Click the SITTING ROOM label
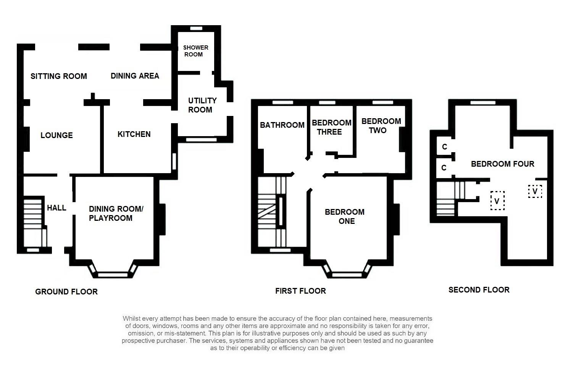point(59,76)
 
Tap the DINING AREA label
point(135,76)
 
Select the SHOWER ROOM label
point(195,51)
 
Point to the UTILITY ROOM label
point(202,105)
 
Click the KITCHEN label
point(134,134)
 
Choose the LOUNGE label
point(56,135)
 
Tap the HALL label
point(56,208)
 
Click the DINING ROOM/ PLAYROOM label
point(116,214)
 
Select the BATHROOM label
point(282,125)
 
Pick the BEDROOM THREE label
point(331,127)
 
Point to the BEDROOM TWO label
point(381,126)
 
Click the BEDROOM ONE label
point(345,217)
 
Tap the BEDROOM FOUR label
point(502,164)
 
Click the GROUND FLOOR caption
point(66,292)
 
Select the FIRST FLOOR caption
point(300,291)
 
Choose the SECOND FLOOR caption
point(479,290)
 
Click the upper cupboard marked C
point(444,147)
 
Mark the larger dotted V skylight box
point(497,201)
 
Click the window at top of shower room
point(196,28)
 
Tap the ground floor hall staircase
point(34,221)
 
